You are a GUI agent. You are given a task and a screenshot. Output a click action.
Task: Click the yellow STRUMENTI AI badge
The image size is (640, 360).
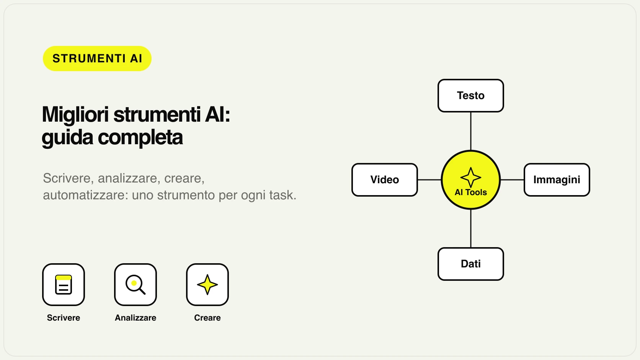[x=97, y=59]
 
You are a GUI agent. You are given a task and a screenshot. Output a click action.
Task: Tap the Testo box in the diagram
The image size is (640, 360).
[x=470, y=96]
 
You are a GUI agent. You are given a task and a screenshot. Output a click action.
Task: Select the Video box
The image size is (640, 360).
[x=385, y=180]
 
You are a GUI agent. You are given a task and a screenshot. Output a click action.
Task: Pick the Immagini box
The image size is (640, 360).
[x=557, y=180]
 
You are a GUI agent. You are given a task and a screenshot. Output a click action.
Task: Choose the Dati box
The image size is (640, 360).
[x=470, y=264]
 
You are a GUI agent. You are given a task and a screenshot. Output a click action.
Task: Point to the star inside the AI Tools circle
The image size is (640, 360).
[x=470, y=177]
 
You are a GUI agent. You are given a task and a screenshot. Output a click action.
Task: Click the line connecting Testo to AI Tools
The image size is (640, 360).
[x=470, y=131]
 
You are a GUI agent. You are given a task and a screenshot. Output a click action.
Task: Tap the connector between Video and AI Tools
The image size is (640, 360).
[x=429, y=180]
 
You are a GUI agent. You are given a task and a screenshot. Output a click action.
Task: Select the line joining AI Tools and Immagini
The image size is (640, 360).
[x=512, y=180]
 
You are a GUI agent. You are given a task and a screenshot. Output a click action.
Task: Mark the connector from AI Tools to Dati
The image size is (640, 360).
[x=470, y=228]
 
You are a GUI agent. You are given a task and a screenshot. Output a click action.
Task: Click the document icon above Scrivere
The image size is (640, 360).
[x=64, y=285]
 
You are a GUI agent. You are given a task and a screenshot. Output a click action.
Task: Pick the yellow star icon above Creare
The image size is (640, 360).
[x=207, y=285]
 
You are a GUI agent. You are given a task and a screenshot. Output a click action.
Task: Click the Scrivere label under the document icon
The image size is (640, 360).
[x=64, y=318]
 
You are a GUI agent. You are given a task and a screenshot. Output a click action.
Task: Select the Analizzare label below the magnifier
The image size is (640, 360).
[x=136, y=318]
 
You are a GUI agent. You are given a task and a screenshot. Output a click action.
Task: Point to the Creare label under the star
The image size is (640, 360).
[x=207, y=318]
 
